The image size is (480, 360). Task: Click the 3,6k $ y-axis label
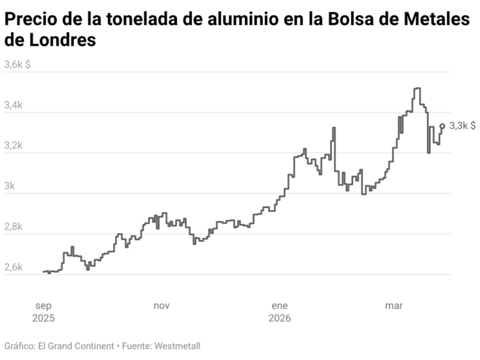(17, 65)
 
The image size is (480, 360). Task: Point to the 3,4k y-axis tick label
(14, 105)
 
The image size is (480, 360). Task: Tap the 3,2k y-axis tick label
(14, 146)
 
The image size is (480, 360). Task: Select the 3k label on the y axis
(10, 186)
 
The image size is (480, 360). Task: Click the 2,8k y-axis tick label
(14, 227)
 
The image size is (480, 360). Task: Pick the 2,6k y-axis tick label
(14, 267)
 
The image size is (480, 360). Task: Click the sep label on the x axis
(43, 305)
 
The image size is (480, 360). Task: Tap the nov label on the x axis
(161, 305)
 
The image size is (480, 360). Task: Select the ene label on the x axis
(279, 305)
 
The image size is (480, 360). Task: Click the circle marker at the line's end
(442, 126)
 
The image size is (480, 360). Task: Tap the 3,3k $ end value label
(463, 126)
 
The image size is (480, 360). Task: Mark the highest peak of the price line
(417, 89)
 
